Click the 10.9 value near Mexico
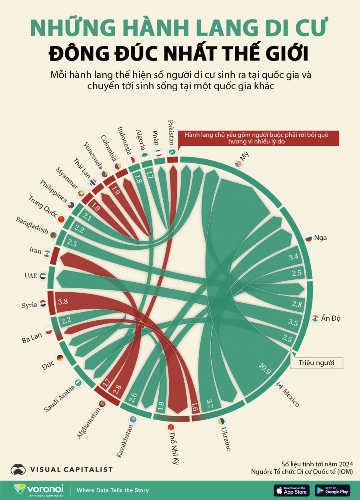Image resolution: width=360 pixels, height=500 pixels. pyautogui.click(x=265, y=369)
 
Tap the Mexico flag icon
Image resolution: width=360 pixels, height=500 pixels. pyautogui.click(x=280, y=386)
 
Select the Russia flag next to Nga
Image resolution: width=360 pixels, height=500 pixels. pyautogui.click(x=308, y=238)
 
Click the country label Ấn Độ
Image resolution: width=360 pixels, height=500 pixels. pyautogui.click(x=331, y=319)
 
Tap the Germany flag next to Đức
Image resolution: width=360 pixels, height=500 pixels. pyautogui.click(x=60, y=358)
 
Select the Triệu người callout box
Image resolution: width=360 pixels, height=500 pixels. pyautogui.click(x=316, y=363)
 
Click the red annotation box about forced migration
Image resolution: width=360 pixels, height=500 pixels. pyautogui.click(x=258, y=138)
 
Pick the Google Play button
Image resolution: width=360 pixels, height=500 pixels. pyautogui.click(x=332, y=490)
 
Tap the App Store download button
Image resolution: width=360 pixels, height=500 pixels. pyautogui.click(x=292, y=490)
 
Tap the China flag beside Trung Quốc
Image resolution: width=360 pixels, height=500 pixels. pyautogui.click(x=61, y=219)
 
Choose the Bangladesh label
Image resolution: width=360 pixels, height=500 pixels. pyautogui.click(x=32, y=226)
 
